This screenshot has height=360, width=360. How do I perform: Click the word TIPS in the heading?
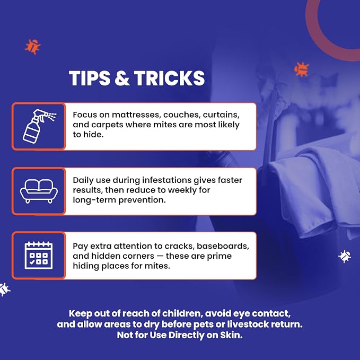90,78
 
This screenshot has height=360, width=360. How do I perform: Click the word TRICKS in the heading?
170,78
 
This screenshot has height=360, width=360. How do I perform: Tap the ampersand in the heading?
122,78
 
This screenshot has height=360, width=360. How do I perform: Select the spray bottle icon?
39,126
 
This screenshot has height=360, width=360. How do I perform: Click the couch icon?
39,191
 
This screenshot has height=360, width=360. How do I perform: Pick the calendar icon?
39,256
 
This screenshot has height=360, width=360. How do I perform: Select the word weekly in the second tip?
182,190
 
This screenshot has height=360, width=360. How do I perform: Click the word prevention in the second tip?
142,200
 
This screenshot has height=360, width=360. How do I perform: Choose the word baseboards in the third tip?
223,246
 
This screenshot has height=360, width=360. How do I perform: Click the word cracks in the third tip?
180,246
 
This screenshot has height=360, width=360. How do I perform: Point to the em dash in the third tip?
160,256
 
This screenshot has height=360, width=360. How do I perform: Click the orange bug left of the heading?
32,47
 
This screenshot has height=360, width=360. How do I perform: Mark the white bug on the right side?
345,256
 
